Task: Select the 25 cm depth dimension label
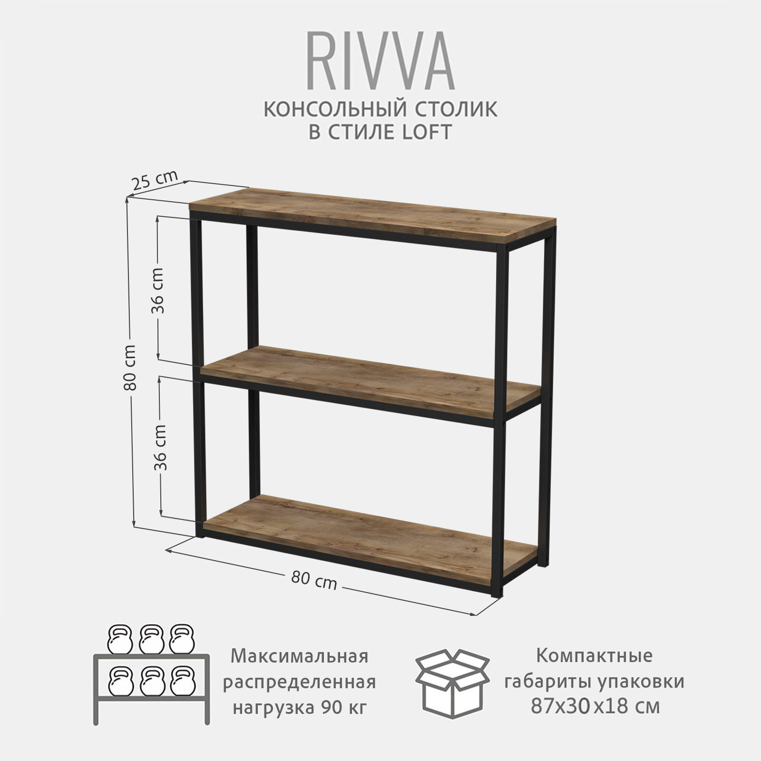click(x=154, y=180)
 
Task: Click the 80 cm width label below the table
click(x=313, y=580)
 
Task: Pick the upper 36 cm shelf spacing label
click(x=157, y=290)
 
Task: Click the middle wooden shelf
click(x=371, y=378)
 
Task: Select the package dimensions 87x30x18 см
click(x=595, y=706)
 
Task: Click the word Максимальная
click(x=299, y=656)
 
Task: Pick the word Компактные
click(x=595, y=656)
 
